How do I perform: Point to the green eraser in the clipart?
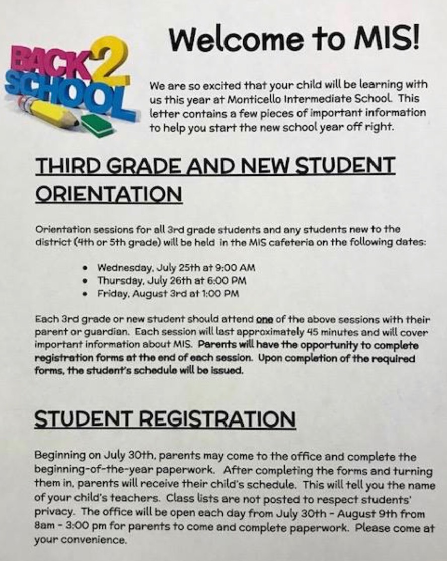(98, 124)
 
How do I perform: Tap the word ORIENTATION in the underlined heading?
(108, 194)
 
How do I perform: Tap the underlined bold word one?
(264, 320)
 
